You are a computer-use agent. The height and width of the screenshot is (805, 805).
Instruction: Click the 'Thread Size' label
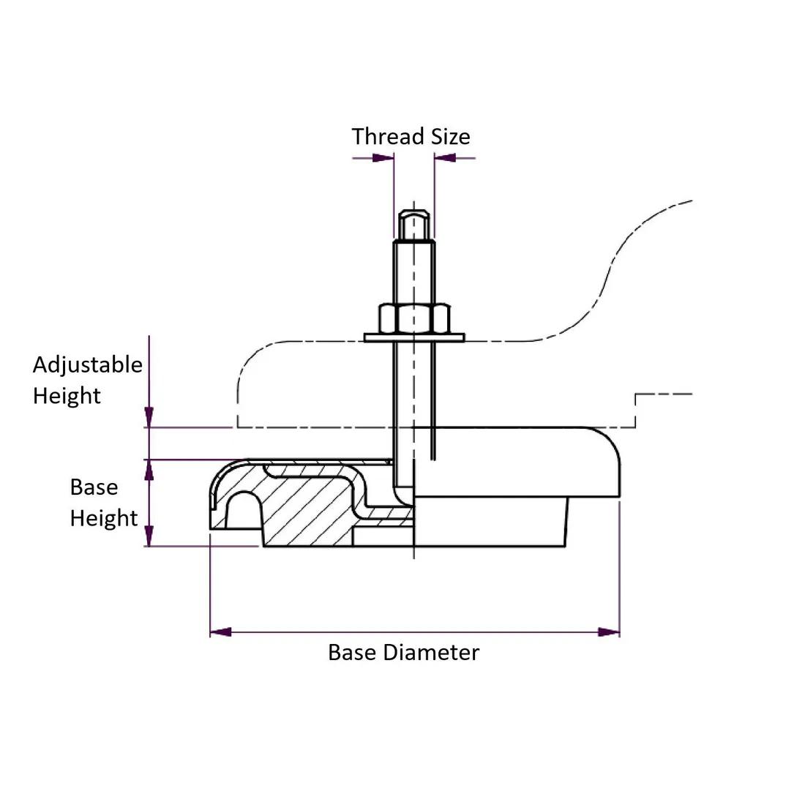[411, 137]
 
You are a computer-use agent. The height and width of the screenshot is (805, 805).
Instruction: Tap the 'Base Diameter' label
[403, 652]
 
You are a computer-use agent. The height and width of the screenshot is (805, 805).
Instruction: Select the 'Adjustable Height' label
[87, 380]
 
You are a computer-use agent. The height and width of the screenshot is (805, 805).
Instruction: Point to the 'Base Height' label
[103, 503]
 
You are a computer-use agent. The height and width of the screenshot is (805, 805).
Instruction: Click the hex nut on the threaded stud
[414, 318]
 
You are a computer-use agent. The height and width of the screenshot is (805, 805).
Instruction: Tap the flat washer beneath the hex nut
[414, 337]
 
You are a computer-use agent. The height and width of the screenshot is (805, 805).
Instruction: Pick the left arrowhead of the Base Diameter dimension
[220, 632]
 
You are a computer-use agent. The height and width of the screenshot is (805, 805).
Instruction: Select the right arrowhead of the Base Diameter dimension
[610, 632]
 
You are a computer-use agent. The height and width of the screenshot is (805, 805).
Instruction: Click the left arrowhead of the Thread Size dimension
[384, 157]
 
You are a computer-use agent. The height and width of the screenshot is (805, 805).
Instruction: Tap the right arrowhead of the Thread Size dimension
[444, 157]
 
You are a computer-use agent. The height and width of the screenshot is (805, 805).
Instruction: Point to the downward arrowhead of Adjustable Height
[149, 418]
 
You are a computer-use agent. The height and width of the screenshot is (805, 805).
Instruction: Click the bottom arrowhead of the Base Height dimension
[149, 536]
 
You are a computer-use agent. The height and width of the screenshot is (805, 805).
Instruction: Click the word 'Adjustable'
[87, 364]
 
